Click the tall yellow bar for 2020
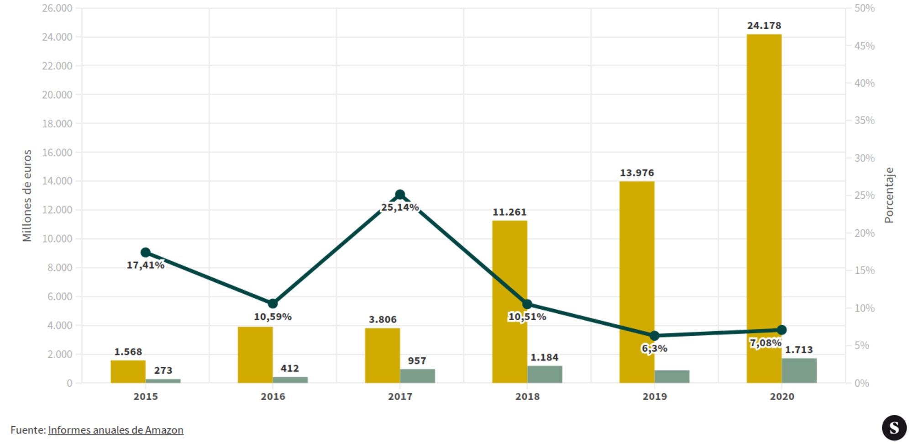[764, 183]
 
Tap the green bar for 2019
[672, 376]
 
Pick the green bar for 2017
[417, 375]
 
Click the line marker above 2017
[400, 195]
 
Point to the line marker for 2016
[273, 304]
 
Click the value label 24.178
[764, 26]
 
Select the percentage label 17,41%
[145, 265]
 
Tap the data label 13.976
[636, 173]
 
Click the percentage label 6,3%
[654, 349]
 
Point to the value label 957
[417, 361]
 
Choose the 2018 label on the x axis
[527, 396]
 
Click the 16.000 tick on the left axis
[57, 153]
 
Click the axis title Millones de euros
[27, 196]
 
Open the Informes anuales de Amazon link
[115, 430]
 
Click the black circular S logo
[894, 428]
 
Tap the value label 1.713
[799, 350]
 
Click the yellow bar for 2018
[509, 301]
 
